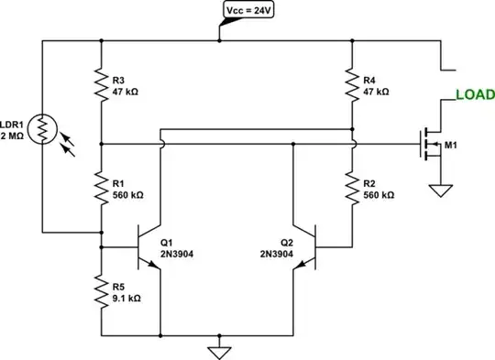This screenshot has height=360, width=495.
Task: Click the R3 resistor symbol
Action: pyautogui.click(x=101, y=85)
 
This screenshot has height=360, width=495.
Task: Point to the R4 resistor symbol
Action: pyautogui.click(x=353, y=85)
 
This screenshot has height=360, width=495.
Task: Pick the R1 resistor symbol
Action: pyautogui.click(x=101, y=188)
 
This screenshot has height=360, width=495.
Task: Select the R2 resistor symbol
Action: pyautogui.click(x=353, y=188)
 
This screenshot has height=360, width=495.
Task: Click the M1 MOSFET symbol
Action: pyautogui.click(x=429, y=144)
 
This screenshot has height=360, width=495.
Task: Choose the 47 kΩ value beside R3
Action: pyautogui.click(x=126, y=93)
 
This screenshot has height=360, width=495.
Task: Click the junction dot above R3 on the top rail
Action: pyautogui.click(x=101, y=40)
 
